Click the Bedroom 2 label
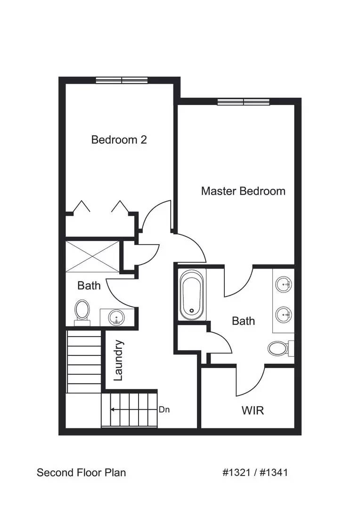tap(119, 140)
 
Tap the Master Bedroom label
tap(243, 191)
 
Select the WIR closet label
tap(253, 410)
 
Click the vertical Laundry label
tap(118, 360)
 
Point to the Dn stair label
tap(164, 410)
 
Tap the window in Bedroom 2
tap(122, 80)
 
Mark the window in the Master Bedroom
tap(243, 101)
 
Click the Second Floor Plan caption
tap(81, 472)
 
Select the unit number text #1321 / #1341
tap(255, 472)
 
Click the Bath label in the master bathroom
tap(243, 321)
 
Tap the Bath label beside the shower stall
tap(89, 285)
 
